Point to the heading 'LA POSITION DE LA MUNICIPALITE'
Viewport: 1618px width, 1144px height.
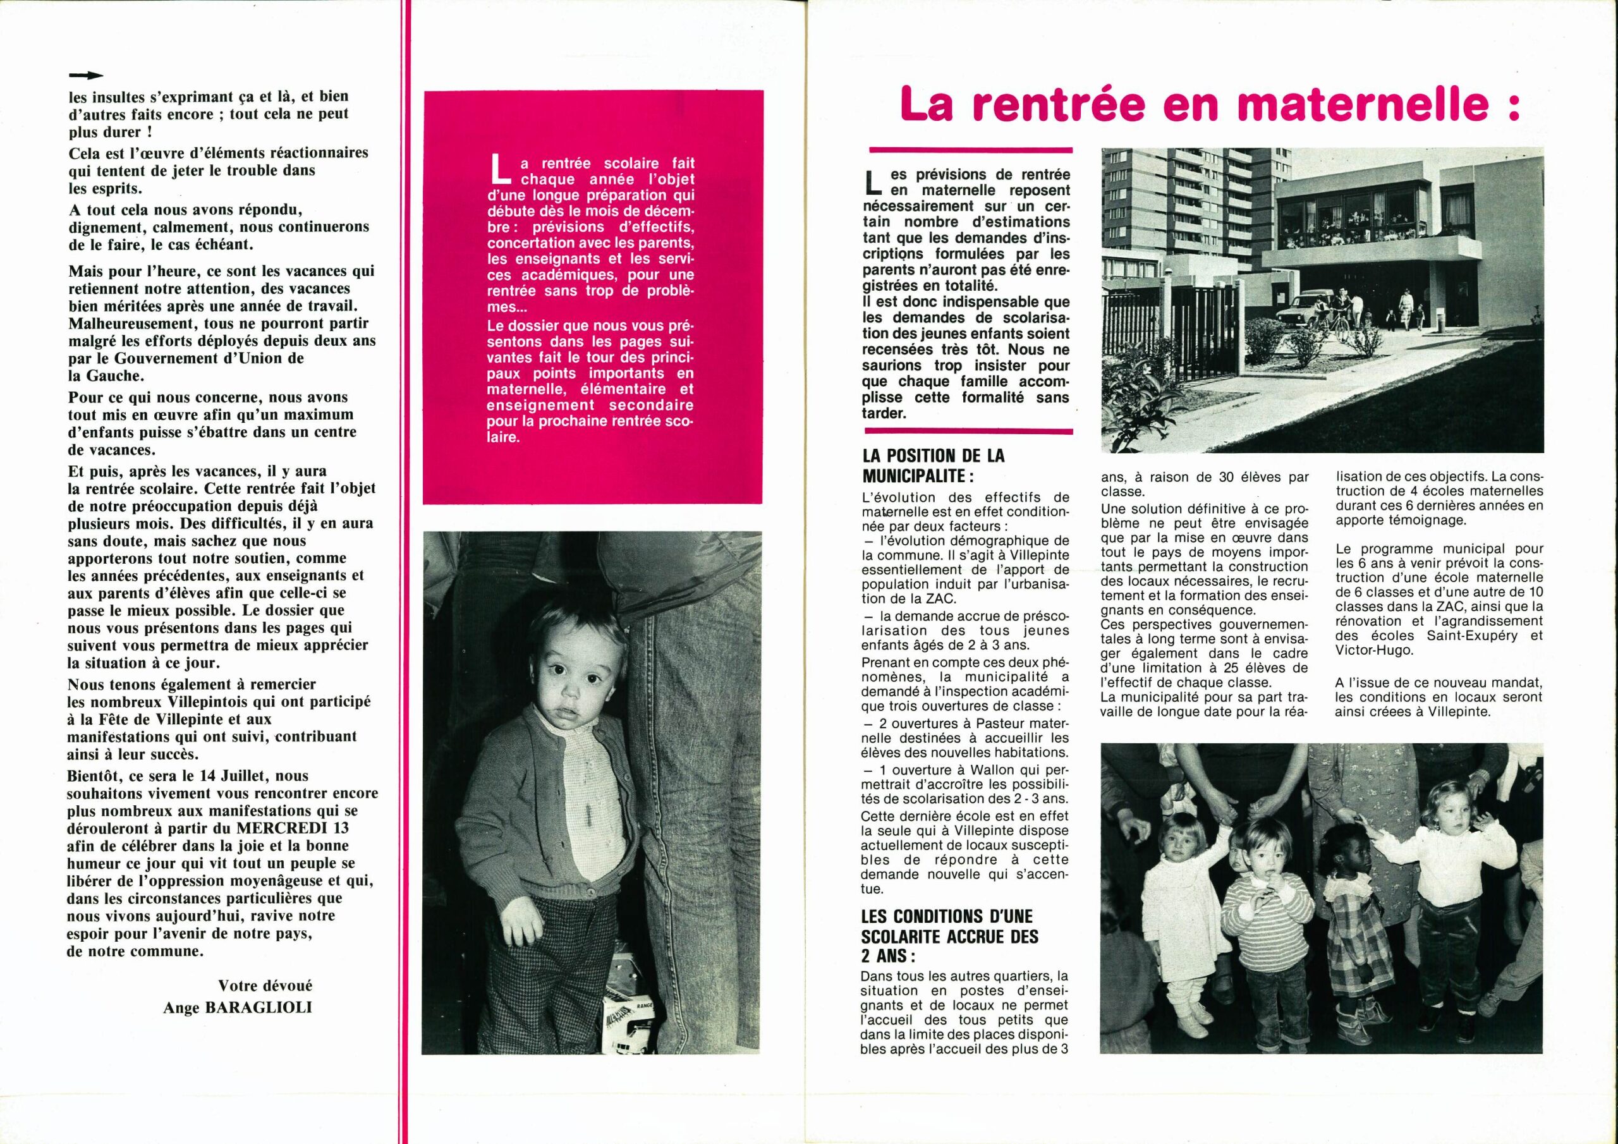click(932, 465)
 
